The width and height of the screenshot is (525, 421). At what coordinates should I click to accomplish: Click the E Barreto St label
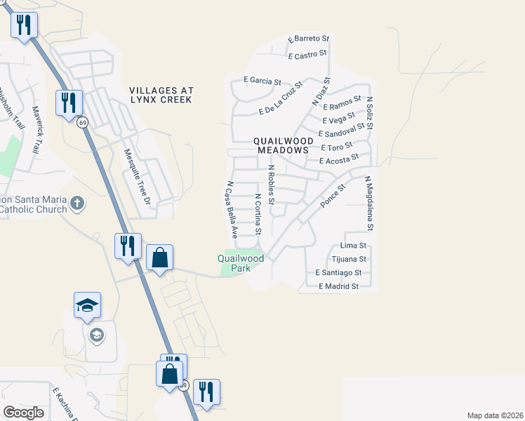click(308, 38)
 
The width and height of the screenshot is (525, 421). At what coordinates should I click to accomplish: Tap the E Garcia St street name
click(262, 81)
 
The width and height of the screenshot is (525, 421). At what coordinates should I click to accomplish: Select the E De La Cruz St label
click(280, 98)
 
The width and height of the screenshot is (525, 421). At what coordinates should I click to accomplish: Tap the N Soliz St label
click(370, 112)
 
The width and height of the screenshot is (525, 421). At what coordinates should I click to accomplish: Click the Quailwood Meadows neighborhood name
click(283, 145)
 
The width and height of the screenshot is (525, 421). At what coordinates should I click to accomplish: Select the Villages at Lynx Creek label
click(160, 95)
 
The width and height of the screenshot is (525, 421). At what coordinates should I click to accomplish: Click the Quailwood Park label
click(241, 263)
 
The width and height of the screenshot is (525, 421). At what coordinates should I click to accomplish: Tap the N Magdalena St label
click(368, 203)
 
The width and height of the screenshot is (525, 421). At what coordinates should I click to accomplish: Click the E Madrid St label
click(338, 286)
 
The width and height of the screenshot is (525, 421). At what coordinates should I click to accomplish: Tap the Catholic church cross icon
click(77, 204)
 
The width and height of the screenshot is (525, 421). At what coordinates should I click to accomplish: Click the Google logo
click(23, 413)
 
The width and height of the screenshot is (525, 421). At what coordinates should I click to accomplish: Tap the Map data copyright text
click(494, 415)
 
